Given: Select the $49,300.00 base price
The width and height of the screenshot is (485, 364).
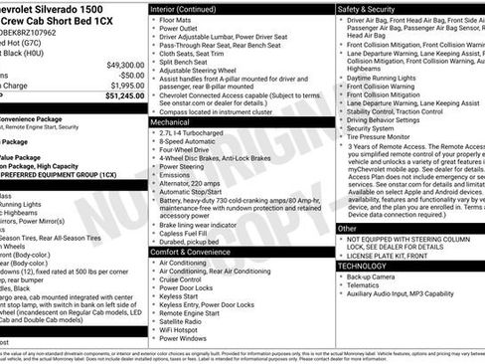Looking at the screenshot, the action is click(x=120, y=64).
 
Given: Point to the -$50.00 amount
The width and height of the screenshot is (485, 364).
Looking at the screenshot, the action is click(x=127, y=75).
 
